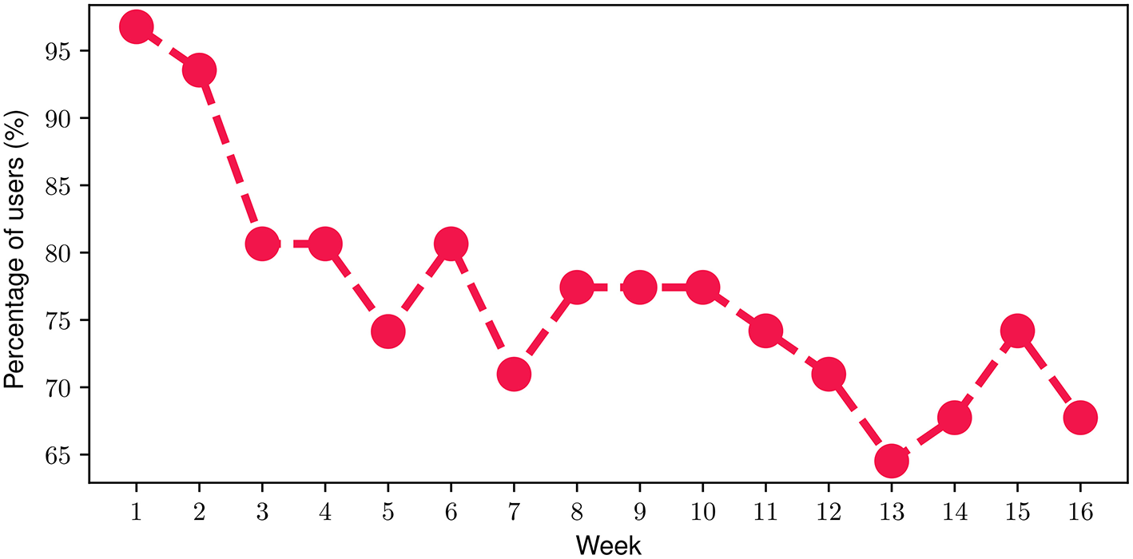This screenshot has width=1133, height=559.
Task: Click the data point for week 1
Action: (x=136, y=26)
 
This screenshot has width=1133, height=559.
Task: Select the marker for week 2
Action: (x=199, y=70)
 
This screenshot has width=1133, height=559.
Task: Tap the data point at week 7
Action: (x=514, y=374)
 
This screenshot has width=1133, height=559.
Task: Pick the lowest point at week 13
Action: (x=892, y=461)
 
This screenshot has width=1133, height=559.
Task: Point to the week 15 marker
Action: (x=1017, y=330)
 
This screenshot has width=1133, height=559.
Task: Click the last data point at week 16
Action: (x=1080, y=418)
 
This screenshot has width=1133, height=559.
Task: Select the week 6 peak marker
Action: (x=451, y=244)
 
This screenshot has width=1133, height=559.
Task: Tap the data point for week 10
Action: (x=703, y=287)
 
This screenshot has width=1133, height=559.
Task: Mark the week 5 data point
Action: (x=388, y=331)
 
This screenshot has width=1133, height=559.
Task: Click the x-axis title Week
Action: (x=608, y=545)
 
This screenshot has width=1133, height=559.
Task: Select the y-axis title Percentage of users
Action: (x=18, y=250)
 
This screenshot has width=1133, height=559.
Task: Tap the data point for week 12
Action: (x=829, y=374)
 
